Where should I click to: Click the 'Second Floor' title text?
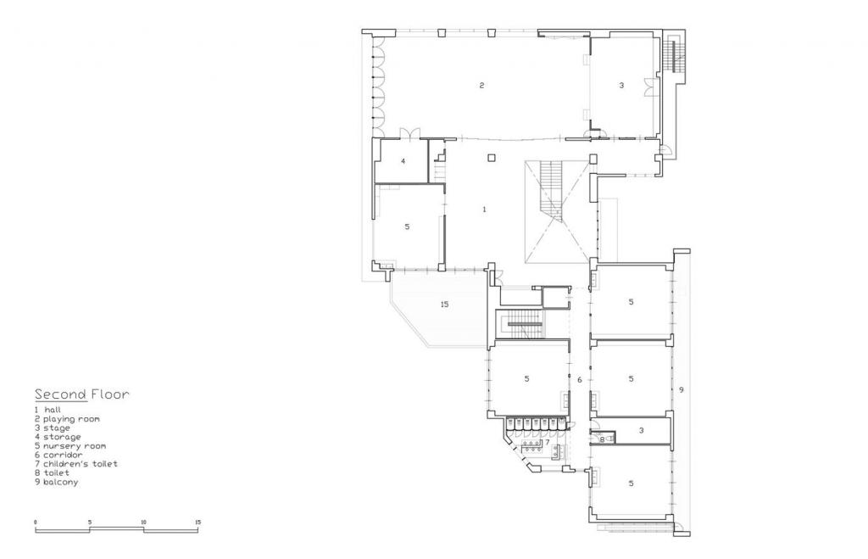pos(81,394)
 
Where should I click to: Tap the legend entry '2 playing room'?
pos(67,419)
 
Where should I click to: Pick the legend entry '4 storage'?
pos(58,437)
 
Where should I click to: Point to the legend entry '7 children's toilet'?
pos(75,464)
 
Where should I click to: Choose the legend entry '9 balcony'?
pos(57,482)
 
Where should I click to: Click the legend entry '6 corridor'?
pos(58,455)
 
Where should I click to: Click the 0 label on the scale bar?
pos(36,522)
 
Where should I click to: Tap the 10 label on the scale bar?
pos(143,522)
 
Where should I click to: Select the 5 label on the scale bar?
pos(90,522)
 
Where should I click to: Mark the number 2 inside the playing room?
pos(481,85)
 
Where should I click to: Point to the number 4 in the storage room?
pos(403,160)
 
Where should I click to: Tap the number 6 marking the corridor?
pos(580,379)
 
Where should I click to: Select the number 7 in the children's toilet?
pos(547,442)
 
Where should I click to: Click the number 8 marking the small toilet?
pos(602,439)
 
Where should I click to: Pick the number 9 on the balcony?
pos(681,389)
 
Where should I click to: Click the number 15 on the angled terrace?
pos(443,304)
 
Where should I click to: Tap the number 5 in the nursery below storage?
pos(407,226)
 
